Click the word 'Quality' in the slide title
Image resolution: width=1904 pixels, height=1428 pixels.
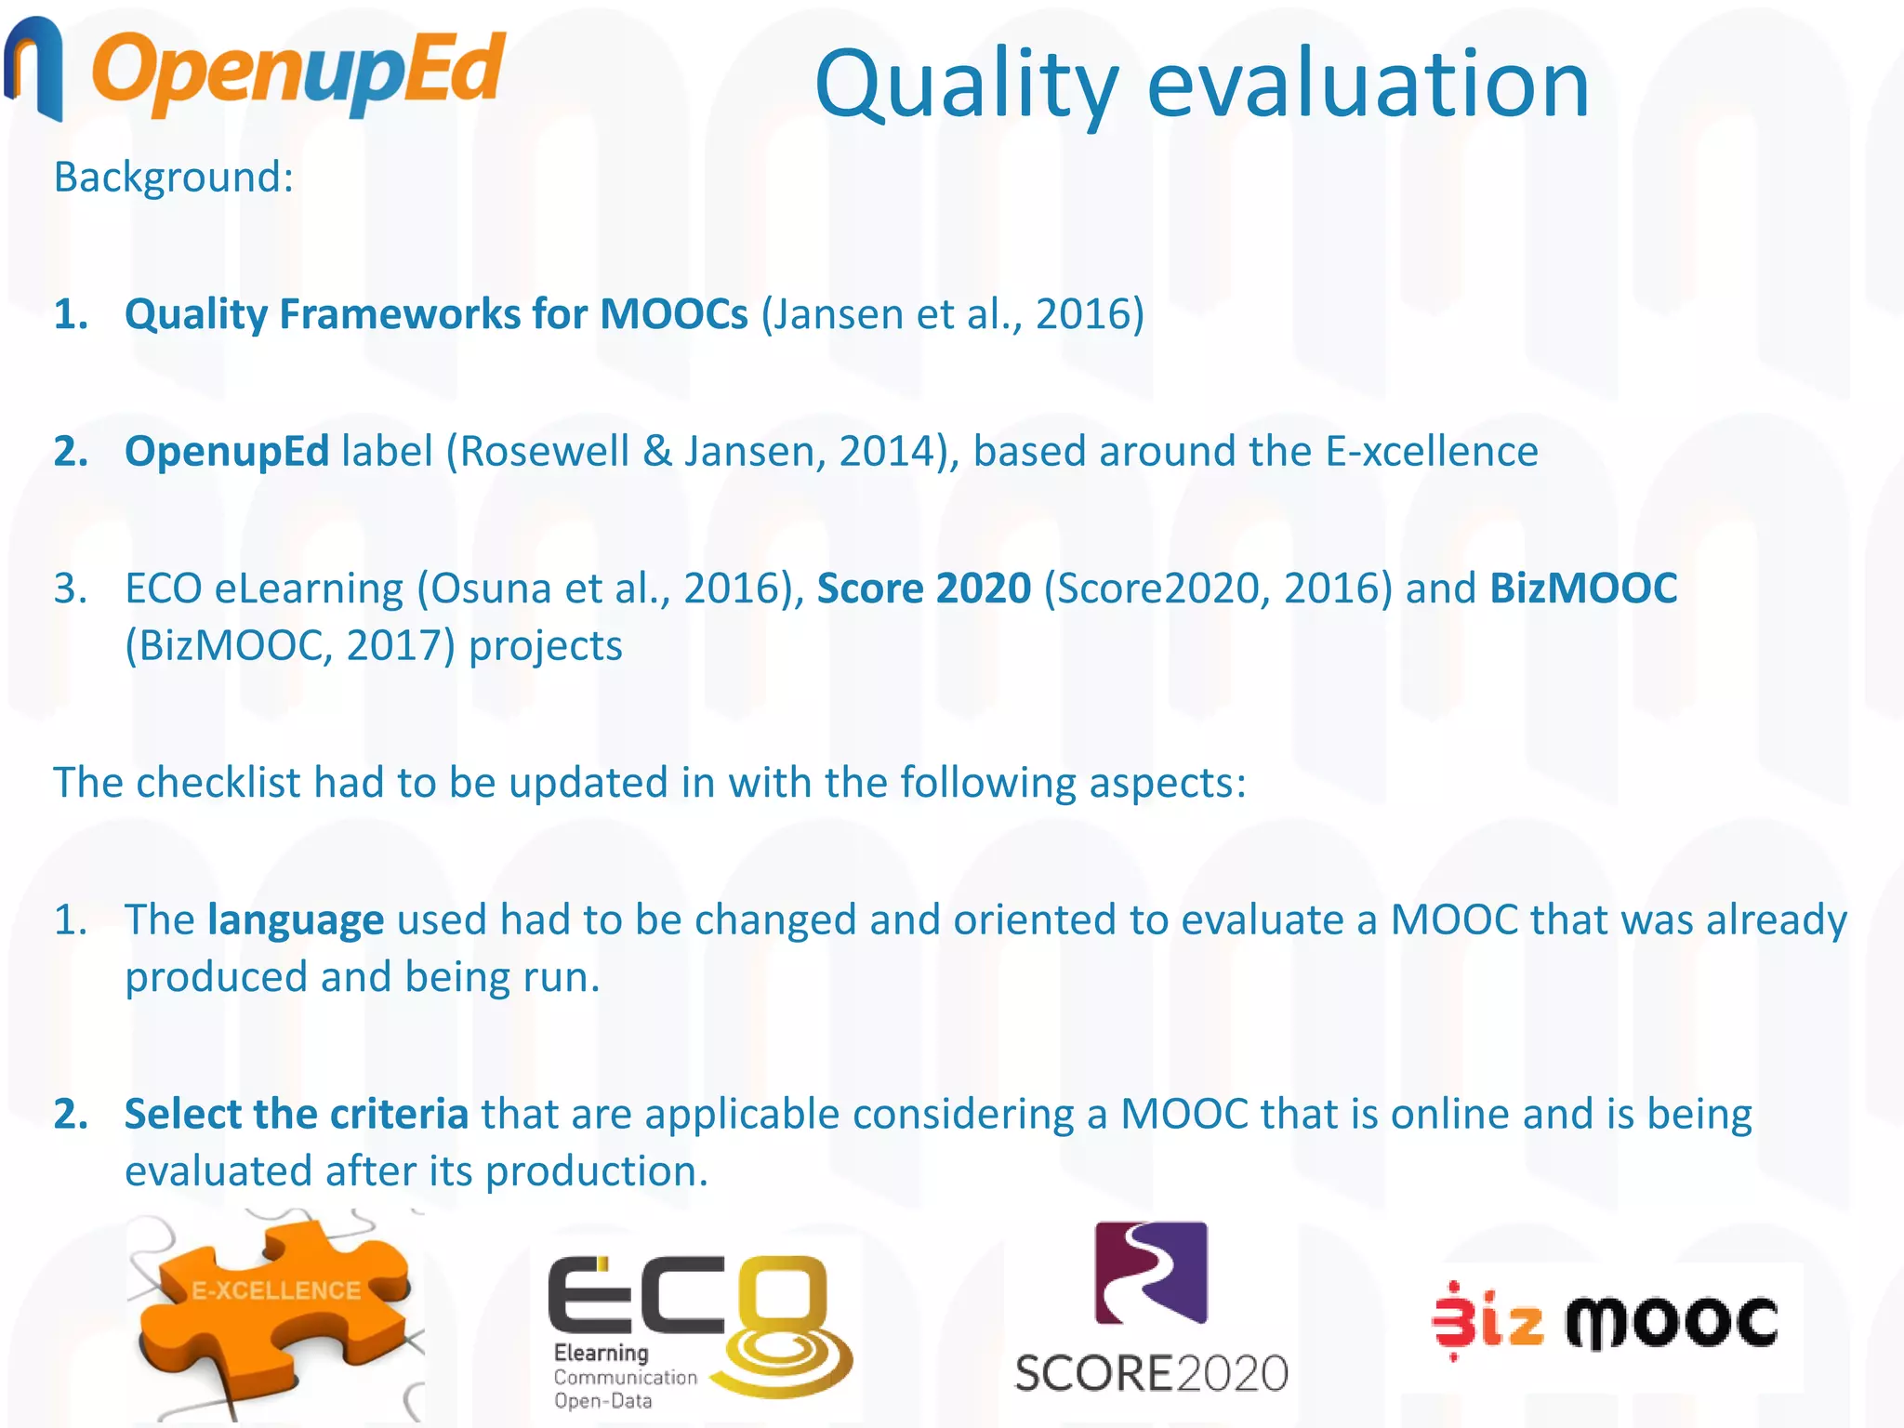966,86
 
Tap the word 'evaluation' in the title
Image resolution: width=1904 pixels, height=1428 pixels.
1368,86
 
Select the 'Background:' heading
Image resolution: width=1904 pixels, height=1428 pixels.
174,177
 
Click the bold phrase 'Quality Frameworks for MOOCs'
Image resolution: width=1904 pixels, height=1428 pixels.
435,314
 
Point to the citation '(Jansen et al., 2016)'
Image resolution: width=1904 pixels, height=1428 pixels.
953,314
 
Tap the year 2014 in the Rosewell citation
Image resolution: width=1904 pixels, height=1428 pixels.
892,451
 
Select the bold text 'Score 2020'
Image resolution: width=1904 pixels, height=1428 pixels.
924,588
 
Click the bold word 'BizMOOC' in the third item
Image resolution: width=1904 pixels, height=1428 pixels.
1583,588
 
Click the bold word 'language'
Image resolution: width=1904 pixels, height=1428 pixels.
296,920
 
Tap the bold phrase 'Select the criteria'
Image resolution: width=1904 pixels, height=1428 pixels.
296,1114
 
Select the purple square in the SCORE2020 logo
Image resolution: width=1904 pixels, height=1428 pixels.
1151,1272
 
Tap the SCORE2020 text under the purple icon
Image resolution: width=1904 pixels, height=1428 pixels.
1151,1374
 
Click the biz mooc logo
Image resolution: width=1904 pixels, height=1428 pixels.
1606,1320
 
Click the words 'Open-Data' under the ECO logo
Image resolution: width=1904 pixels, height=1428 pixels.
602,1401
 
